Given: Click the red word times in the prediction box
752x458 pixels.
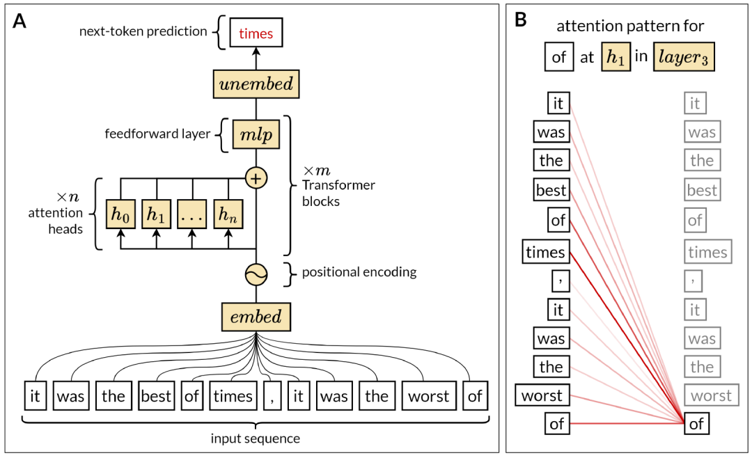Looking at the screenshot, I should (256, 34).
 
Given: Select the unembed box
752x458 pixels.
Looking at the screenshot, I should (256, 84).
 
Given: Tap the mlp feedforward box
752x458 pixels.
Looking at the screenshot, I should (256, 134).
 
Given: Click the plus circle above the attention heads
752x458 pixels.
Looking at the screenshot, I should (256, 179).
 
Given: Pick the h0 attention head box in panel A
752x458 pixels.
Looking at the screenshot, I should (120, 214).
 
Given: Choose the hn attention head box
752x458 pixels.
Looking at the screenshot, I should (228, 214).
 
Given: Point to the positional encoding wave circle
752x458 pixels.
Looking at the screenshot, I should (256, 276).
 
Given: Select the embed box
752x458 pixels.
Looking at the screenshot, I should (256, 317).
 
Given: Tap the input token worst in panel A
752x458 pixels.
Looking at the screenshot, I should (428, 396).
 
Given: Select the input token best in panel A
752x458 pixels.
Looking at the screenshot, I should (155, 396).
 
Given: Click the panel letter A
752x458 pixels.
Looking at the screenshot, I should (20, 22).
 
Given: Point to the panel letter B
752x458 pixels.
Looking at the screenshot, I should (520, 22).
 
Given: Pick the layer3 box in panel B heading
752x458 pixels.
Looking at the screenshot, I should (683, 57).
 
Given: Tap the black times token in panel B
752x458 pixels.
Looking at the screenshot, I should (545, 253).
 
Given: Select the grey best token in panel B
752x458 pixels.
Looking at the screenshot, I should (702, 190).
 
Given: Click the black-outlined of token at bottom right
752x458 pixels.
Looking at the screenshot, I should (696, 423).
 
